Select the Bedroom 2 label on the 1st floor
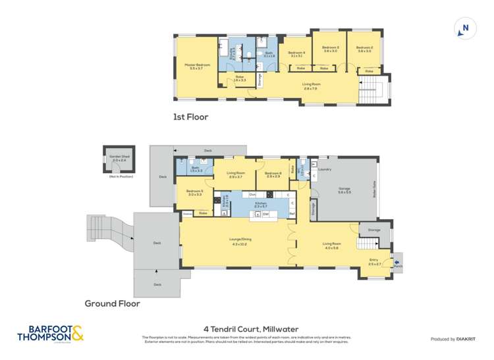coord(365,47)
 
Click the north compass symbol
coord(465,28)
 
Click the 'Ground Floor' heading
coord(113,304)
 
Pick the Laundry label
coord(324,170)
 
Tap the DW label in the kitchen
coord(265,214)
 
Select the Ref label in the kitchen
coord(290,214)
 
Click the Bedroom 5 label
coord(194,193)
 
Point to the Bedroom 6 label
coord(273,174)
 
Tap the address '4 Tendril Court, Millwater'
coord(246,329)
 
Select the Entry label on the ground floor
coord(374,261)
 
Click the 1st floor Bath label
coord(269,54)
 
